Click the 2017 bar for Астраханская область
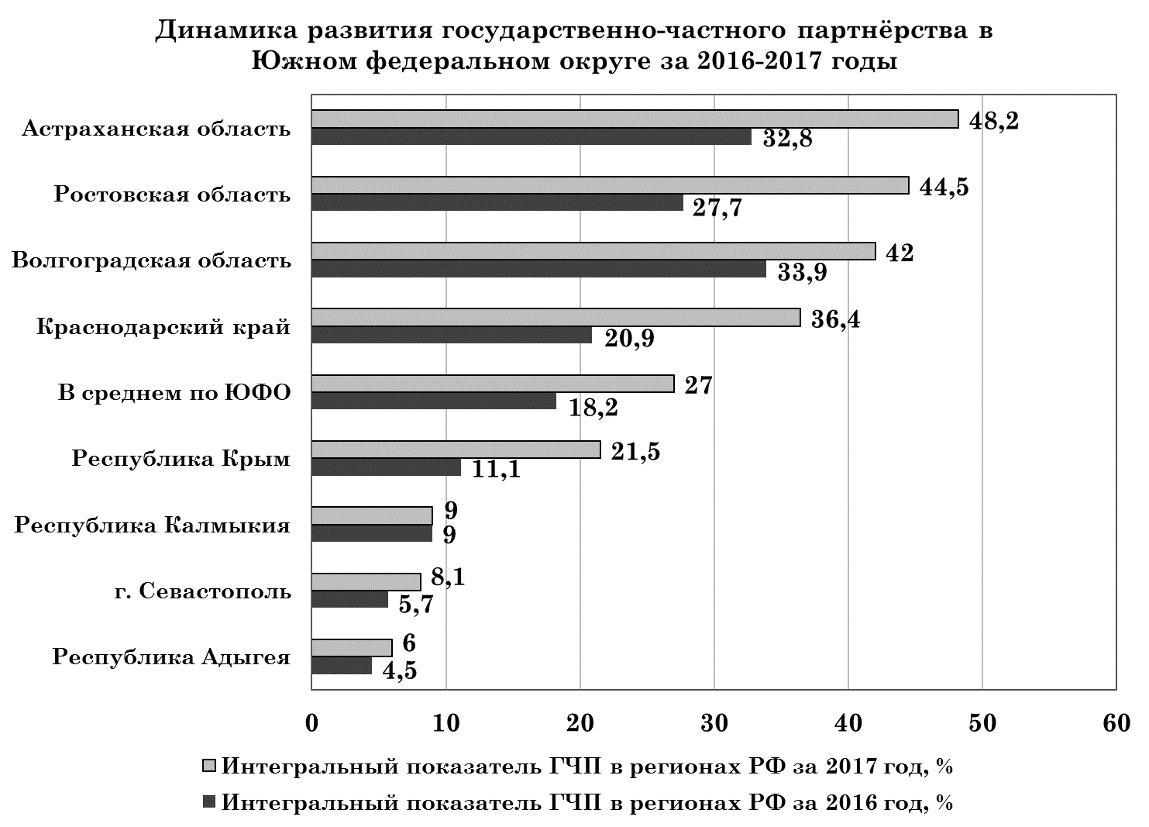pyautogui.click(x=635, y=119)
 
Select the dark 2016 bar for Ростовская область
pyautogui.click(x=497, y=203)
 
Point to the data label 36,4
pyautogui.click(x=834, y=319)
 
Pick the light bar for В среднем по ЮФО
pyautogui.click(x=493, y=384)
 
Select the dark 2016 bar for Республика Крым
pyautogui.click(x=386, y=467)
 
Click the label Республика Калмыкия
pyautogui.click(x=153, y=526)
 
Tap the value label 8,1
pyautogui.click(x=448, y=578)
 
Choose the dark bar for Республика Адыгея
pyautogui.click(x=342, y=666)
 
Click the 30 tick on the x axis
pyautogui.click(x=714, y=722)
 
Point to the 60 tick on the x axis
pyautogui.click(x=1116, y=722)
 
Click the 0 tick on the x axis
pyautogui.click(x=311, y=722)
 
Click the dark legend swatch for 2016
pyautogui.click(x=209, y=802)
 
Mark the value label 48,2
pyautogui.click(x=995, y=121)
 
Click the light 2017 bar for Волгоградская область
pyautogui.click(x=593, y=251)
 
